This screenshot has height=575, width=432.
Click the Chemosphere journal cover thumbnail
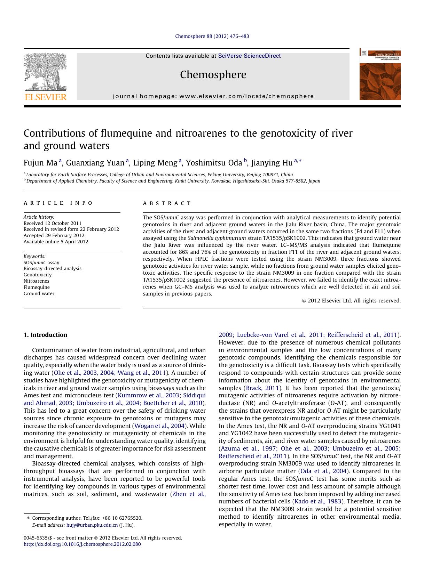tap(380, 74)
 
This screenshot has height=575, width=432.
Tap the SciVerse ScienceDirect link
tap(249, 56)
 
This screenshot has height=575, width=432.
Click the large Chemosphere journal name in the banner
tap(213, 75)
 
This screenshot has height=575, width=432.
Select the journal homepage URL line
tap(213, 96)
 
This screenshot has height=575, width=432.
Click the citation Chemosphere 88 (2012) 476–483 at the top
tap(212, 36)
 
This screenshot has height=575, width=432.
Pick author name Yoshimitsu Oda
tap(214, 163)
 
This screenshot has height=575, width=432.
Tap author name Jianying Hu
tap(272, 163)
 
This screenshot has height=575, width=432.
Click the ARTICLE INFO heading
tap(58, 203)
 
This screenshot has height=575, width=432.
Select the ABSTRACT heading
tap(167, 203)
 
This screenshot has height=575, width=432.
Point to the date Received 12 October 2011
tap(53, 223)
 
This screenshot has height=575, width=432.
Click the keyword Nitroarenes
tap(37, 281)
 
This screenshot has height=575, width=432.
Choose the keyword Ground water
tap(39, 293)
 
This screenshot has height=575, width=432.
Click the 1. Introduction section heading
tap(45, 335)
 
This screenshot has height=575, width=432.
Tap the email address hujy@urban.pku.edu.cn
tap(92, 525)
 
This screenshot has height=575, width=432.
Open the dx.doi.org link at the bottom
tap(82, 544)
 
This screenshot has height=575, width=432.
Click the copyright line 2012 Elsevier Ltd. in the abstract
tap(351, 301)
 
